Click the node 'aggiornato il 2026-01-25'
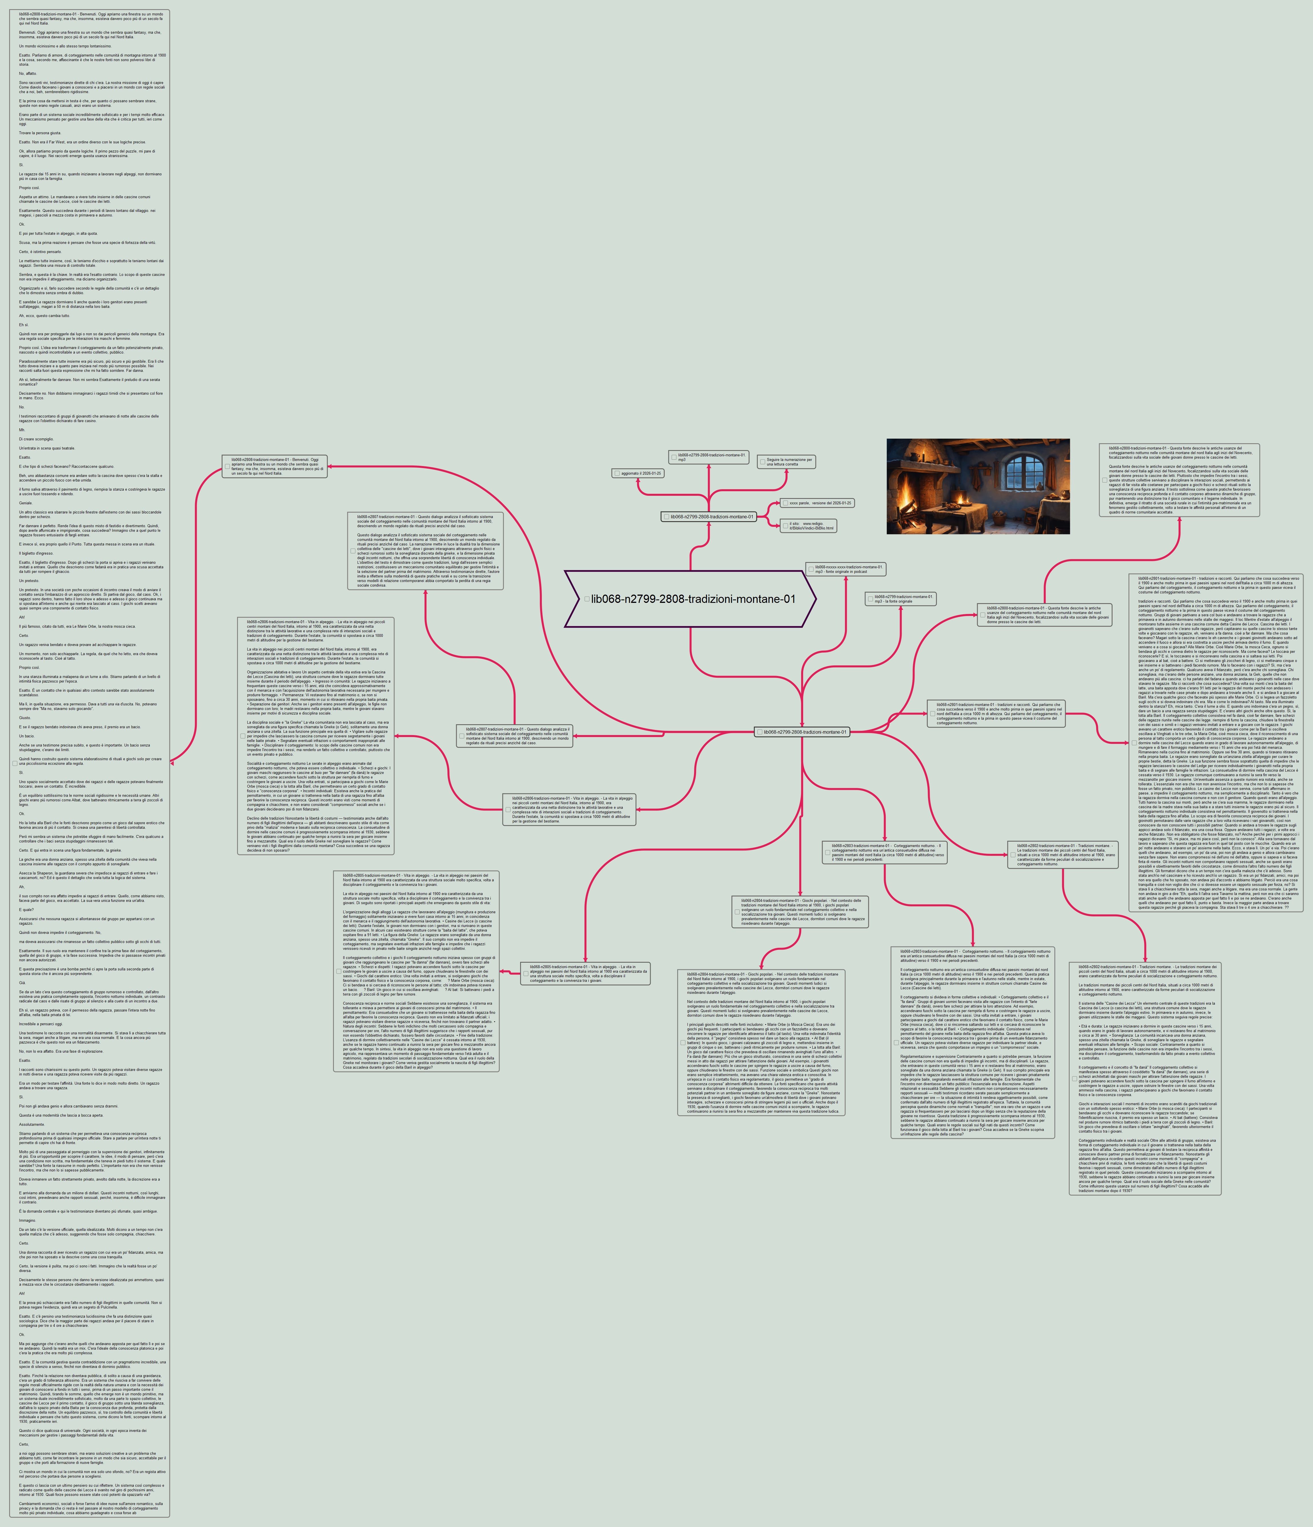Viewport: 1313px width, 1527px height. tap(638, 473)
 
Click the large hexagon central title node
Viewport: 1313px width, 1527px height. tap(690, 599)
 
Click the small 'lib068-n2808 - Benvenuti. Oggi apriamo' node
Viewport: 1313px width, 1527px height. tap(275, 467)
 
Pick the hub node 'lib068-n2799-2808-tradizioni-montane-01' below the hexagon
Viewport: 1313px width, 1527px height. tap(802, 732)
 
